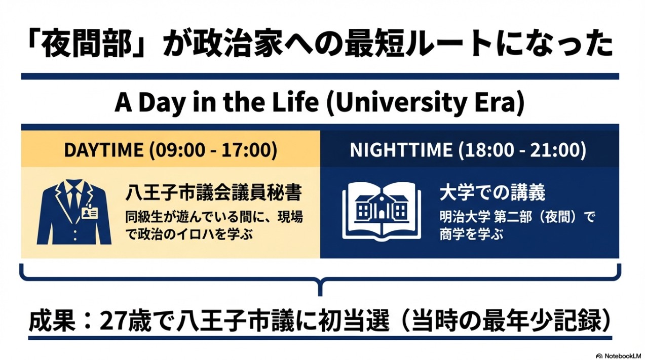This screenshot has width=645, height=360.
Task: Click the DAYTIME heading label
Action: (x=103, y=150)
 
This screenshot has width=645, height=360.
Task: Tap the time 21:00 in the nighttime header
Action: (x=554, y=150)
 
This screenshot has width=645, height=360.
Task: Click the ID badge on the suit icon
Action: (x=90, y=214)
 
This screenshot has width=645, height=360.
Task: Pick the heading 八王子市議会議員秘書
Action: (x=214, y=193)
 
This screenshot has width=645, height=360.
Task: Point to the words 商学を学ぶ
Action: (x=471, y=234)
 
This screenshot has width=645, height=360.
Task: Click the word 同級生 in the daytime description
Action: (x=144, y=218)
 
